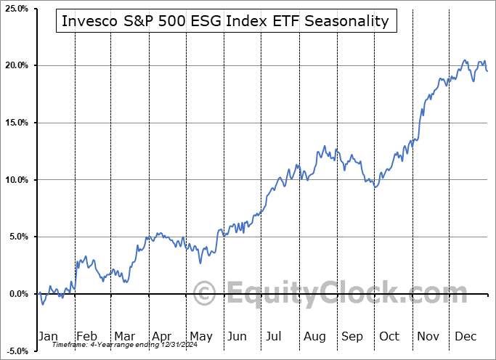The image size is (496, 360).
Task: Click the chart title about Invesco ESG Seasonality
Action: tap(224, 21)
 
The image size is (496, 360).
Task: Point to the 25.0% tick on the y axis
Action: tap(16, 9)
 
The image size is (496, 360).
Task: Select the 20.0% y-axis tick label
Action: tap(16, 65)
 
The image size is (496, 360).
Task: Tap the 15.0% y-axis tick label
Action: tap(16, 123)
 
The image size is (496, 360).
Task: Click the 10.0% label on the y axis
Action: tap(16, 180)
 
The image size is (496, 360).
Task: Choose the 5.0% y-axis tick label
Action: tap(17, 237)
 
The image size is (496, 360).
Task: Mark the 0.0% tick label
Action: tap(17, 294)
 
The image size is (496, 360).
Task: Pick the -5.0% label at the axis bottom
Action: tap(16, 351)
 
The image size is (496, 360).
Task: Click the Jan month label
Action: tap(48, 336)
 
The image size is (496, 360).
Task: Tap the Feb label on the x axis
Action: tap(86, 336)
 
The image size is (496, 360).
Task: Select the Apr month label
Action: tap(162, 336)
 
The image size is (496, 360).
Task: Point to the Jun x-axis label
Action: tap(237, 336)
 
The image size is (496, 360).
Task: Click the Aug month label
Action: tap(314, 336)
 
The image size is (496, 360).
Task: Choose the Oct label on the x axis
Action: tap(389, 336)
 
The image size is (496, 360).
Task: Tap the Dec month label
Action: tap(465, 336)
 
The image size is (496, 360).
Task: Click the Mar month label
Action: tap(124, 336)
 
